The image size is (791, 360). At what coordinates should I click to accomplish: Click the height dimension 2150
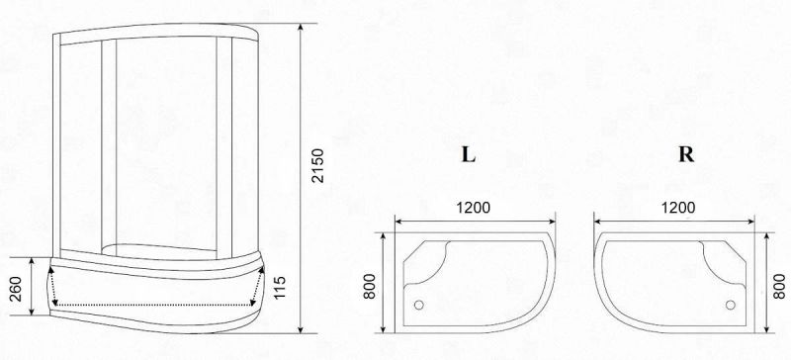pyautogui.click(x=317, y=165)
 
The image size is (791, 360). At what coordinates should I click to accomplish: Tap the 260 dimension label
pyautogui.click(x=17, y=289)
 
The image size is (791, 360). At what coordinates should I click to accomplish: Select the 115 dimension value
pyautogui.click(x=280, y=287)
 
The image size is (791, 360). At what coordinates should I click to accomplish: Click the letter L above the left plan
pyautogui.click(x=469, y=154)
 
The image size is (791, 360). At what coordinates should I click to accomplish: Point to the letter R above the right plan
pyautogui.click(x=686, y=154)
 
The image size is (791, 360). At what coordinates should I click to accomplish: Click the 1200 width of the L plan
pyautogui.click(x=474, y=208)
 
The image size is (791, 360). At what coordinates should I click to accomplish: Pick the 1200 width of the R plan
pyautogui.click(x=677, y=208)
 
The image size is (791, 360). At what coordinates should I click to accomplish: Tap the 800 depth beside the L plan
pyautogui.click(x=370, y=286)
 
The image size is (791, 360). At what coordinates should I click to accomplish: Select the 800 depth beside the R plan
pyautogui.click(x=779, y=286)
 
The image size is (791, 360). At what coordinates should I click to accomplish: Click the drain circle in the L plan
pyautogui.click(x=418, y=305)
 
